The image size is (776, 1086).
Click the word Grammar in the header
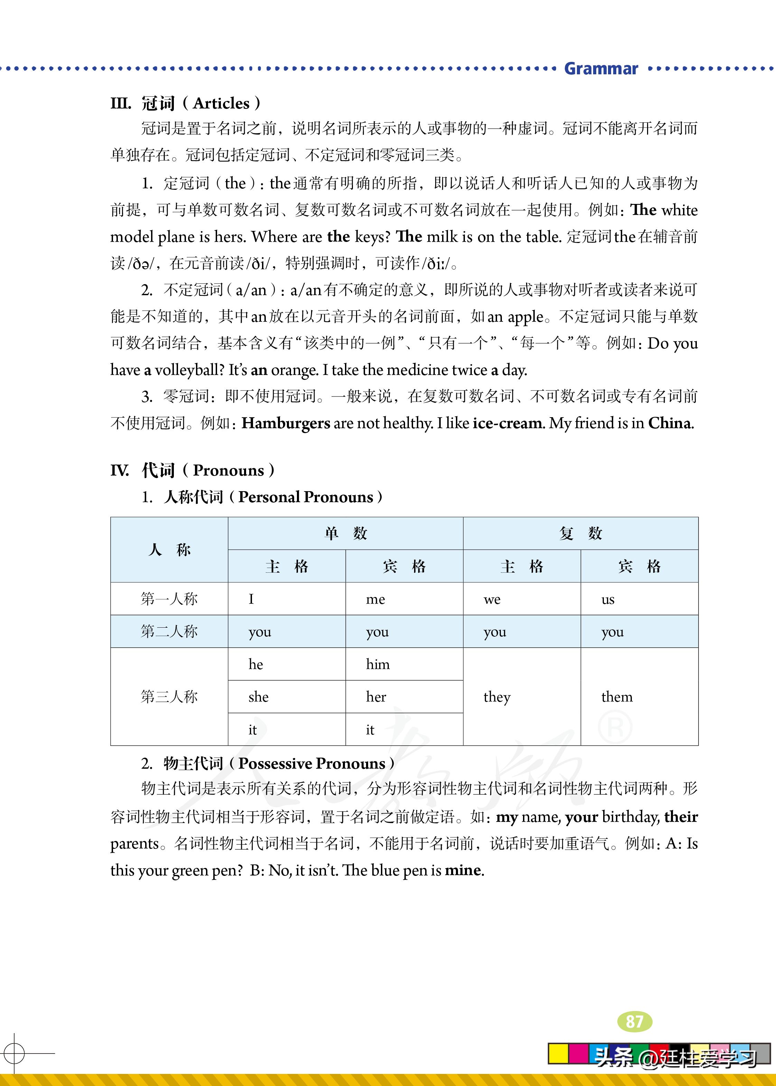601,69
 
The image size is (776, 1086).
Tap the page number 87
635,1021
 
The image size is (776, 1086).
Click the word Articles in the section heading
221,103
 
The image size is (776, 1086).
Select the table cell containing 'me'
404,599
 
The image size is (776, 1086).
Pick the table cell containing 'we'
522,599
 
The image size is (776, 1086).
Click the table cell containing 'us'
639,599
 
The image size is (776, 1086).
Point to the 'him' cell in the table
404,664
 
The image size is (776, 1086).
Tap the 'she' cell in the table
287,696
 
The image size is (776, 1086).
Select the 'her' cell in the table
404,696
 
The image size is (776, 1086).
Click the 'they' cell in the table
522,696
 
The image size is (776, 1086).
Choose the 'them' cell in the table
639,696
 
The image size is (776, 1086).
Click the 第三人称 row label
169,696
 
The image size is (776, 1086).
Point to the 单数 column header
345,533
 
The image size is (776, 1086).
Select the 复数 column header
581,533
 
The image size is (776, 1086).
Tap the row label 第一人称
169,599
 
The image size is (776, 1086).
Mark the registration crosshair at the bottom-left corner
14,1052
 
